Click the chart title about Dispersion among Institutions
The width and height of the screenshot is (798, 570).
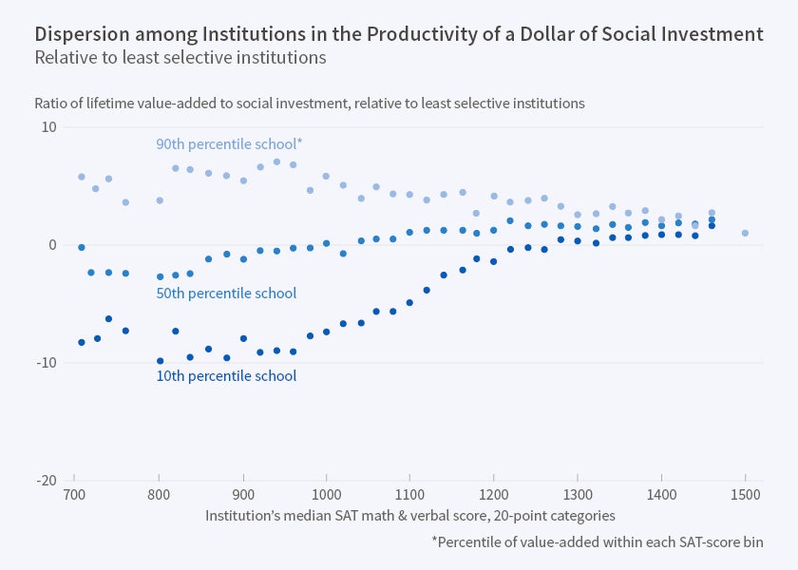[x=398, y=34]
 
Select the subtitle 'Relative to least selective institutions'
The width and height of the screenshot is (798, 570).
[x=180, y=58]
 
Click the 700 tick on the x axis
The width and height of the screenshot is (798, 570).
[x=75, y=495]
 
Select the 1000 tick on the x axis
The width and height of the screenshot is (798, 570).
[x=326, y=495]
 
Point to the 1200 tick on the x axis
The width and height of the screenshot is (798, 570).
[x=493, y=495]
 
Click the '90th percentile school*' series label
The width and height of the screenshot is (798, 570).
[x=229, y=144]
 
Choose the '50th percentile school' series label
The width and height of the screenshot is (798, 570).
[x=226, y=294]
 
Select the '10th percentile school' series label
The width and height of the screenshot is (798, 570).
[x=226, y=376]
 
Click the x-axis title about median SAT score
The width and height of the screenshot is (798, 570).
[x=410, y=516]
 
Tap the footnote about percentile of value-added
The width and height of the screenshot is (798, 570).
[x=598, y=542]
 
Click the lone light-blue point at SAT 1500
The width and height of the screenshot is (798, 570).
[x=745, y=233]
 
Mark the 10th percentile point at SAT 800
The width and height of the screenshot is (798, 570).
[x=160, y=361]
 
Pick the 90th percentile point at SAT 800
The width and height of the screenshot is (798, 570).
[x=160, y=200]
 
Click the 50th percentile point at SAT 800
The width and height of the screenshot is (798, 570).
[x=160, y=276]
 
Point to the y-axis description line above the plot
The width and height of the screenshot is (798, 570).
[x=310, y=103]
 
